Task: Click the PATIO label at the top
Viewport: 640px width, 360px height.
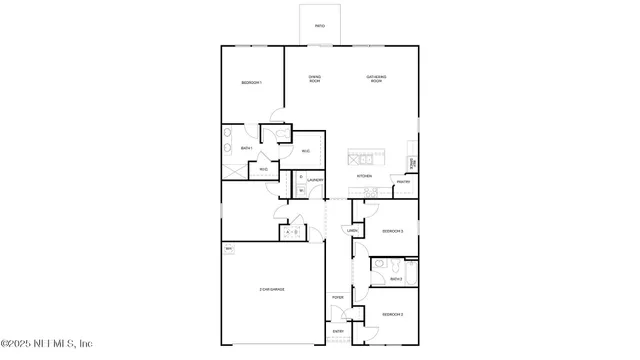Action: pyautogui.click(x=319, y=26)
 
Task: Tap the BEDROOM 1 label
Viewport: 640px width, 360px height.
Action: pyautogui.click(x=250, y=82)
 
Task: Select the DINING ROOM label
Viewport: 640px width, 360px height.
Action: pyautogui.click(x=314, y=78)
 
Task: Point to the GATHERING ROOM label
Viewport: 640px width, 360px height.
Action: pyautogui.click(x=376, y=78)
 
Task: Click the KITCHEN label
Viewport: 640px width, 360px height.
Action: pyautogui.click(x=365, y=176)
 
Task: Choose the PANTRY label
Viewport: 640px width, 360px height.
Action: pyautogui.click(x=402, y=181)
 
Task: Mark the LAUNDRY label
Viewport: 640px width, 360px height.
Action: pyautogui.click(x=315, y=181)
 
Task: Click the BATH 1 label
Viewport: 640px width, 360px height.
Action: pyautogui.click(x=247, y=148)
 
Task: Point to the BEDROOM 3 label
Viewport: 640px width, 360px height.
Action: pyautogui.click(x=392, y=231)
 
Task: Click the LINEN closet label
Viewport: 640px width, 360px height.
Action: pyautogui.click(x=352, y=231)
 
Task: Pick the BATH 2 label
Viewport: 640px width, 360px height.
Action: pyautogui.click(x=396, y=279)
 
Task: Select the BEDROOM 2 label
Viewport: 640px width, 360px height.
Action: pyautogui.click(x=392, y=314)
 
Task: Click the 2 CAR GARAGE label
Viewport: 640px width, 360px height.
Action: pyautogui.click(x=272, y=289)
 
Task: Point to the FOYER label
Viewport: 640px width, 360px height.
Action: pyautogui.click(x=338, y=297)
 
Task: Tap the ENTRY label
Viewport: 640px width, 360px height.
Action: pyautogui.click(x=338, y=331)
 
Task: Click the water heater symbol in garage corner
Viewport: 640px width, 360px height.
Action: pyautogui.click(x=229, y=248)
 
